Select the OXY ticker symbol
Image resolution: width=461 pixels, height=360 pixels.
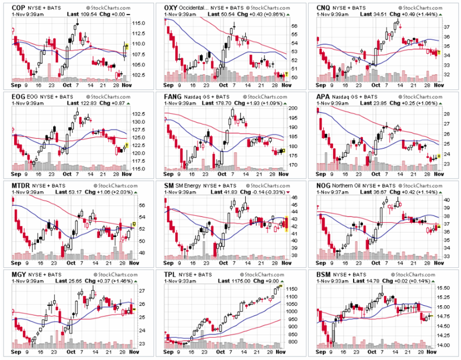click(173, 7)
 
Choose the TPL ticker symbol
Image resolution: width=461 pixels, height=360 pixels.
click(172, 272)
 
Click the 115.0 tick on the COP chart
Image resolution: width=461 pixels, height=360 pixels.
click(138, 23)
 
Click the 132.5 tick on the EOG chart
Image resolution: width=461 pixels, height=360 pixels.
click(138, 114)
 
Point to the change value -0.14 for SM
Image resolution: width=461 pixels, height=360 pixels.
click(261, 191)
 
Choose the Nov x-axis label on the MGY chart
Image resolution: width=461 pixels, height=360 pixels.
click(132, 352)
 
